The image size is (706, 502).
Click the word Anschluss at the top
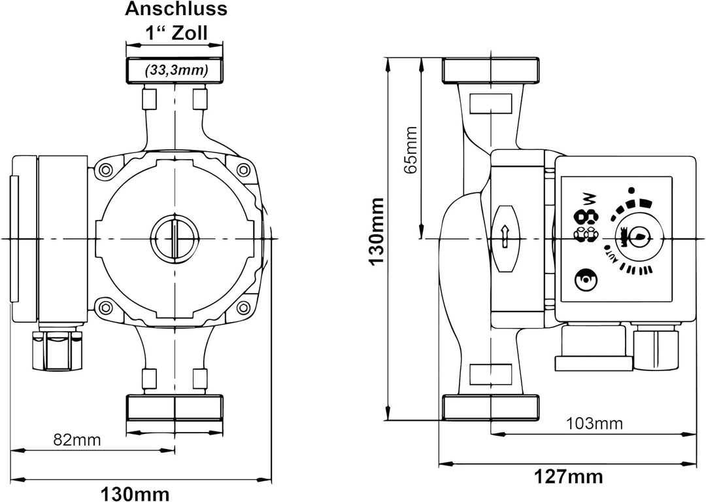click(176, 9)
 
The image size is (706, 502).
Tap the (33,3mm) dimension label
click(176, 69)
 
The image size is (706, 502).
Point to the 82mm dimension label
click(77, 439)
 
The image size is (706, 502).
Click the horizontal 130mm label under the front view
click(135, 492)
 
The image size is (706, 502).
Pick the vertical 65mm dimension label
click(411, 149)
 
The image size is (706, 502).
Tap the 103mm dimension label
click(595, 423)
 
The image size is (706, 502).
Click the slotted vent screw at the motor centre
click(175, 237)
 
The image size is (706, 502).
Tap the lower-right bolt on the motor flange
click(243, 306)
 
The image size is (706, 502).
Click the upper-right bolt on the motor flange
click(243, 170)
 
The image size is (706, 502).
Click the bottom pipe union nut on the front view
click(175, 407)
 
